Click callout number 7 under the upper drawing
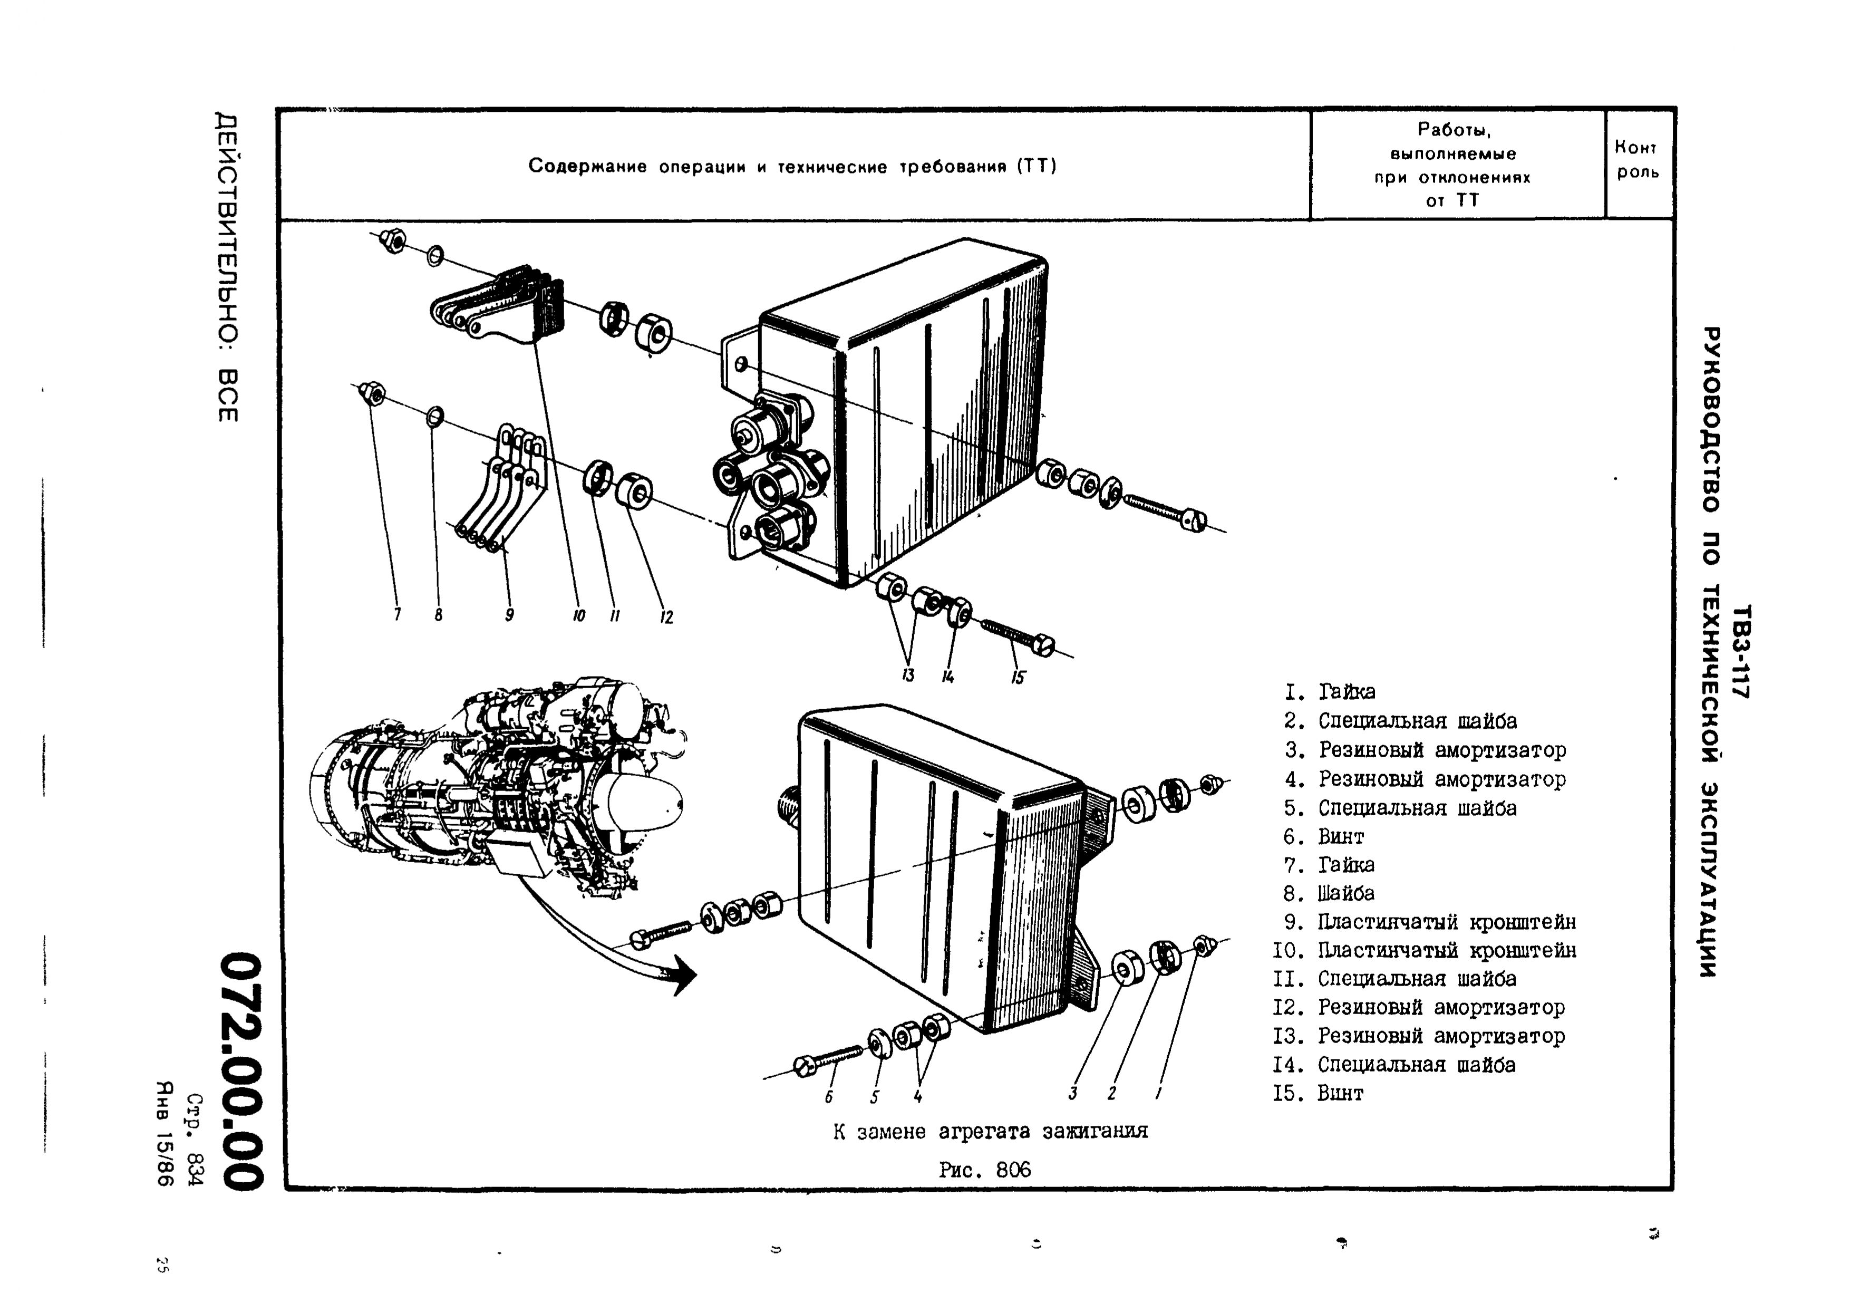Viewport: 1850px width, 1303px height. click(x=397, y=615)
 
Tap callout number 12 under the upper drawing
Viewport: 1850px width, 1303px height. click(x=666, y=617)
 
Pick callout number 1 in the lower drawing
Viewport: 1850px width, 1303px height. click(x=1158, y=1094)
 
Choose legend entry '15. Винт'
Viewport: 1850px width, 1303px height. click(x=1319, y=1094)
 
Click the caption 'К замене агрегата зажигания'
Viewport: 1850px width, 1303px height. click(x=990, y=1132)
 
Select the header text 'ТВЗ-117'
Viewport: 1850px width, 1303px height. click(x=1740, y=651)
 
